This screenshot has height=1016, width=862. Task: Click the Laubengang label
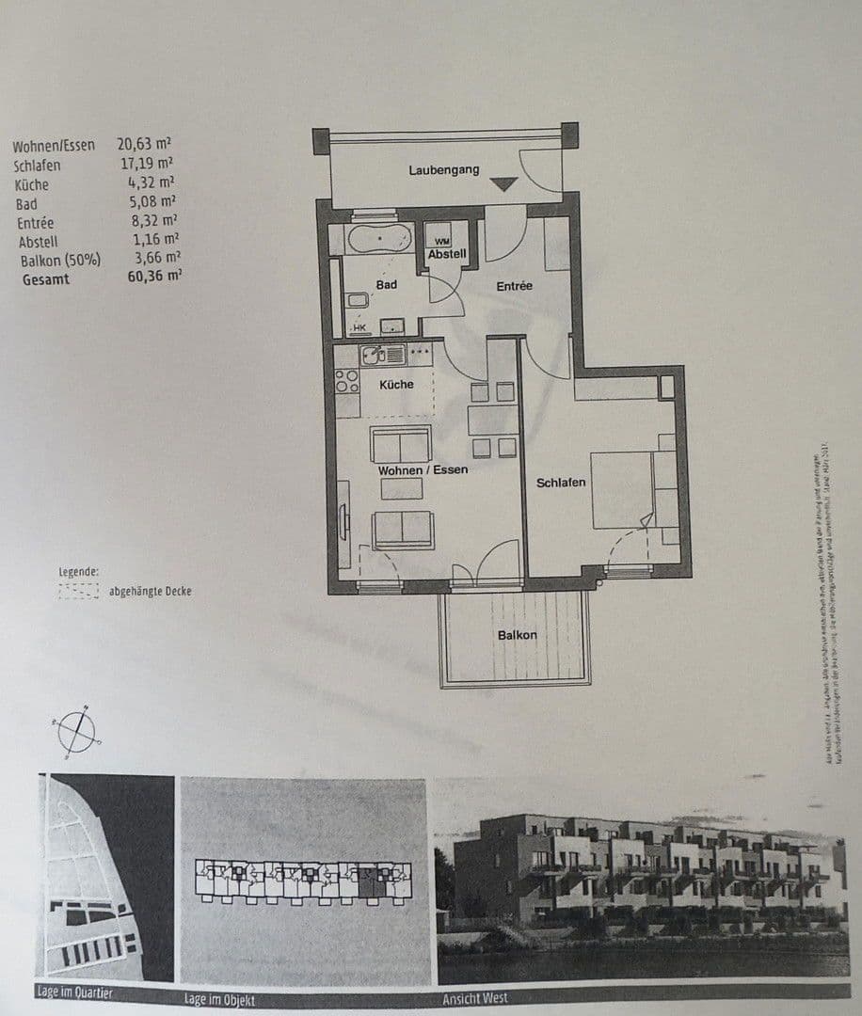(443, 170)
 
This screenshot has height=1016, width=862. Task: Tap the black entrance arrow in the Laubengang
(504, 184)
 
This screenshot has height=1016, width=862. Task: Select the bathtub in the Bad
(378, 239)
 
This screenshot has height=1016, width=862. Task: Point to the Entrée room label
(515, 285)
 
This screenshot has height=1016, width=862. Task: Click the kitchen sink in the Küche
(375, 355)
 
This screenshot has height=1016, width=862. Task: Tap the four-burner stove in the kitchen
(346, 381)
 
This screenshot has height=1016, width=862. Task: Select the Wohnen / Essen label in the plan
(423, 468)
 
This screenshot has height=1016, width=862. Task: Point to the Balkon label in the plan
(517, 635)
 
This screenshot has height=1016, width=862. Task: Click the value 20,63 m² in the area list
(144, 145)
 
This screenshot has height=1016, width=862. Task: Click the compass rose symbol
(76, 730)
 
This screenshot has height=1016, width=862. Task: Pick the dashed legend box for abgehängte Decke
(78, 591)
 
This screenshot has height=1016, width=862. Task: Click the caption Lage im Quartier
(75, 992)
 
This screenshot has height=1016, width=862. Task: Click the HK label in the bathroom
(358, 327)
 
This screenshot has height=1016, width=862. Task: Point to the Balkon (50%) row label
(60, 260)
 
